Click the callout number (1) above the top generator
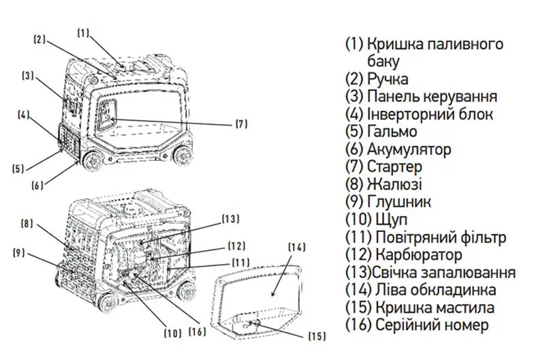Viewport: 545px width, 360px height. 83,31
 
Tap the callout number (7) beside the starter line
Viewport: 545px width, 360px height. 241,124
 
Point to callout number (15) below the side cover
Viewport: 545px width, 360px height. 317,336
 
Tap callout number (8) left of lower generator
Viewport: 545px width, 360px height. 27,224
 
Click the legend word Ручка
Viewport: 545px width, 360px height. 388,78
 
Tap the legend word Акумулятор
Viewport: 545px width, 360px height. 409,149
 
